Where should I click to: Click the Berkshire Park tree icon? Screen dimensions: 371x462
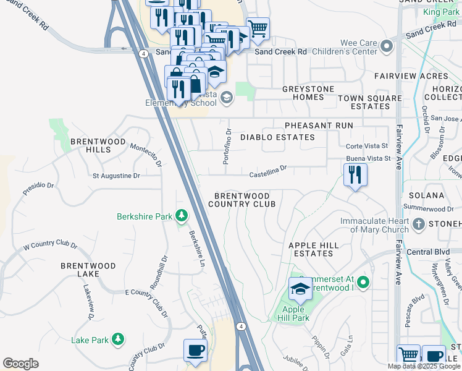click(181, 216)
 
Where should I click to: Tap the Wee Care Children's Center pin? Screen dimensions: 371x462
click(387, 46)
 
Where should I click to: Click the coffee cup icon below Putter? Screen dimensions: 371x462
click(196, 350)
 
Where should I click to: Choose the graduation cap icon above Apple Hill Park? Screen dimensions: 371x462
click(300, 289)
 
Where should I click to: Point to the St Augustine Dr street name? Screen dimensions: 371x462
click(116, 176)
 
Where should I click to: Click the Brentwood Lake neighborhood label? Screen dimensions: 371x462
click(88, 270)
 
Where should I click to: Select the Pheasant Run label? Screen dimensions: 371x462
click(319, 125)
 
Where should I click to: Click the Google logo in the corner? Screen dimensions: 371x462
click(20, 364)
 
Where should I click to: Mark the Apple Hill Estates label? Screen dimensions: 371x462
click(314, 249)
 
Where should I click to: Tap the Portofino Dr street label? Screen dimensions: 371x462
click(227, 146)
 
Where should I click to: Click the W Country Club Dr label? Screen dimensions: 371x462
click(50, 246)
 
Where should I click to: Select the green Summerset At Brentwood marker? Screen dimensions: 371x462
click(363, 283)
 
